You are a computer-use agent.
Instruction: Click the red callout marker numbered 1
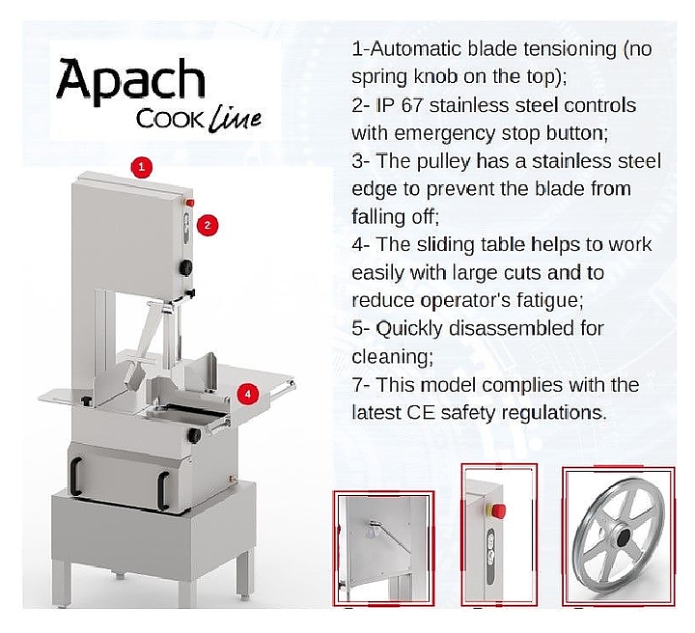141,167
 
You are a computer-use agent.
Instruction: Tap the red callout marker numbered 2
207,226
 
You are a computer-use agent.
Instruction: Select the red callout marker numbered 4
247,394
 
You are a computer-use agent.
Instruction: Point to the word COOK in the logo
171,119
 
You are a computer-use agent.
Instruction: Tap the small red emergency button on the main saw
190,203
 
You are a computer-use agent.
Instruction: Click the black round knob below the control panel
185,267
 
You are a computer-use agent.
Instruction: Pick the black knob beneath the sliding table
195,435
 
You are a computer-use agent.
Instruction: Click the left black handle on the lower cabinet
75,476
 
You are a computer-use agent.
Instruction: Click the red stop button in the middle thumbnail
498,509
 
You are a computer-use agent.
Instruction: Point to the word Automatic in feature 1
416,48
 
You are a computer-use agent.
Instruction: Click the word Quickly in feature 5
409,330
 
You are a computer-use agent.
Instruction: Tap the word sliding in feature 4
445,246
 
